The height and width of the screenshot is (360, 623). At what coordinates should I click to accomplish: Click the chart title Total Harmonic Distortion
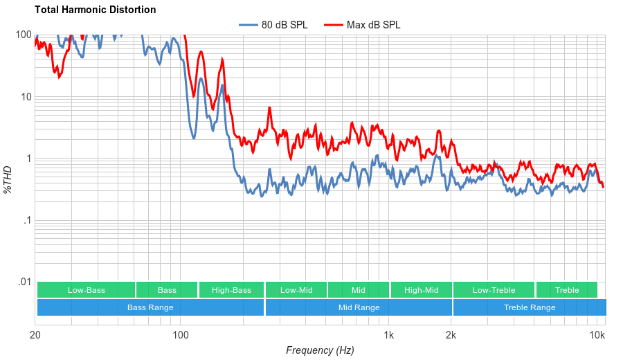click(x=95, y=10)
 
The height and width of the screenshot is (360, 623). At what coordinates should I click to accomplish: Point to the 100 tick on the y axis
click(x=24, y=35)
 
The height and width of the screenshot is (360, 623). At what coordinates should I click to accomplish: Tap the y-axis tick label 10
click(x=26, y=97)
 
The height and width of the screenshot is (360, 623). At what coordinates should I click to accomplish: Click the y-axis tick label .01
click(x=24, y=282)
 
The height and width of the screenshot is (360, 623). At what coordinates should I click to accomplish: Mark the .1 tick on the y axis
click(x=26, y=221)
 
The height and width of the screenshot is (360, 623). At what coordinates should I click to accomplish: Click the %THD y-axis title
click(x=9, y=179)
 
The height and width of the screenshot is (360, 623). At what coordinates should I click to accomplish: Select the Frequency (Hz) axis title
click(x=320, y=350)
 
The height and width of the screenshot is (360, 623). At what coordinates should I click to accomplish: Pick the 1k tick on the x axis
click(x=389, y=335)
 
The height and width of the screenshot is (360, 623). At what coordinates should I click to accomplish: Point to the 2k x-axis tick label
click(x=451, y=335)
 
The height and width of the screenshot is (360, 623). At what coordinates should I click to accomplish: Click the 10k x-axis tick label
click(x=597, y=335)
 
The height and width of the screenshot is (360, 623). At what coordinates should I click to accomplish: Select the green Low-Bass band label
click(x=87, y=290)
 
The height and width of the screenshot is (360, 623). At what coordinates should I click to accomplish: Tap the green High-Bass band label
click(x=231, y=290)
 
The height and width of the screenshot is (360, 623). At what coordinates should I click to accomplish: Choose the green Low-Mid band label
click(x=296, y=290)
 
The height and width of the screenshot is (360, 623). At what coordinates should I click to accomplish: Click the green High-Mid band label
click(x=421, y=290)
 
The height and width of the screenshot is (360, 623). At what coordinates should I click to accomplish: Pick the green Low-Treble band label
click(x=494, y=290)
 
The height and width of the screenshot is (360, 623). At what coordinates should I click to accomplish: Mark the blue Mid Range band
click(x=359, y=307)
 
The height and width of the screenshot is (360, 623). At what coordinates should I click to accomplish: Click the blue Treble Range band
click(x=530, y=307)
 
